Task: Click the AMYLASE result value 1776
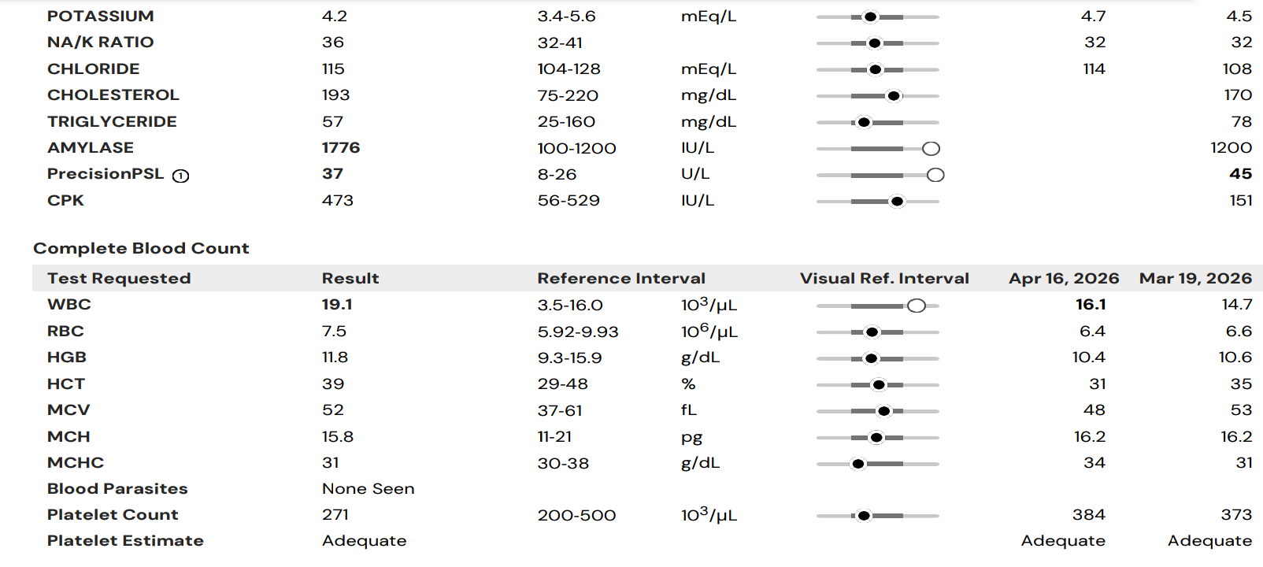click(x=341, y=148)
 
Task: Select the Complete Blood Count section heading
click(x=141, y=248)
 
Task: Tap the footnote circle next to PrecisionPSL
click(x=180, y=176)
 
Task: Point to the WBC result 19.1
click(x=336, y=305)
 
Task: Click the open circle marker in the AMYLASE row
click(x=931, y=148)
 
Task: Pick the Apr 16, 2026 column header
click(x=1064, y=278)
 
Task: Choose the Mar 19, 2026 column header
click(x=1195, y=278)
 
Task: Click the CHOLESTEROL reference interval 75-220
click(x=568, y=95)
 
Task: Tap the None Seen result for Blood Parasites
click(x=369, y=488)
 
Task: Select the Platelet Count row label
click(x=113, y=514)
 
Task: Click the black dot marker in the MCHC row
click(x=858, y=464)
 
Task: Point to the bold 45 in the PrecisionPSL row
click(x=1240, y=174)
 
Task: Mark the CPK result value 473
click(x=337, y=200)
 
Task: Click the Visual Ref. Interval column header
click(x=884, y=278)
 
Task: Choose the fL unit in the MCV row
click(x=688, y=410)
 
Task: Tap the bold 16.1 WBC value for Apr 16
click(x=1091, y=305)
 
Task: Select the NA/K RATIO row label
click(x=100, y=43)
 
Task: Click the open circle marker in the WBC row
click(x=917, y=306)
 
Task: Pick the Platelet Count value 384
click(x=1089, y=514)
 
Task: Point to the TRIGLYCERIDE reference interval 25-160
click(x=566, y=122)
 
